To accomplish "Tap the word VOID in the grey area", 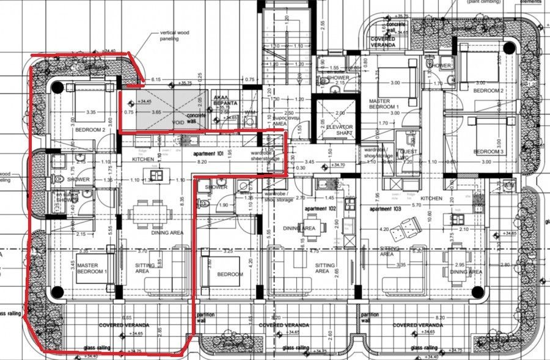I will click(178, 122).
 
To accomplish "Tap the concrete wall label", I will click(196, 118).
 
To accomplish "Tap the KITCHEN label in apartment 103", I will click(431, 199).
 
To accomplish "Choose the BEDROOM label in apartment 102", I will click(229, 274).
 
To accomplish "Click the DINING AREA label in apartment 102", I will click(299, 228).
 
